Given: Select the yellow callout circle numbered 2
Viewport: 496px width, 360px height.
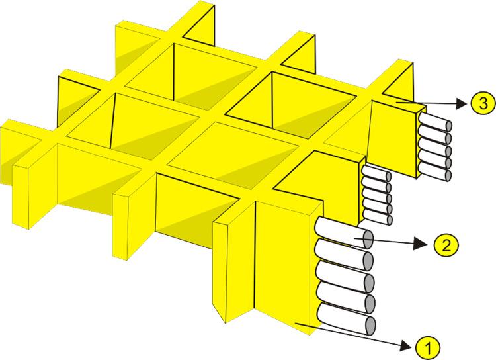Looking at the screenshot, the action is click(x=446, y=244).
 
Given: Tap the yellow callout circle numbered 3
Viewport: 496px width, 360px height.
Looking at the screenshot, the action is click(x=483, y=103).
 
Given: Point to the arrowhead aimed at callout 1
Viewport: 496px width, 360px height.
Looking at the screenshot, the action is click(x=407, y=345).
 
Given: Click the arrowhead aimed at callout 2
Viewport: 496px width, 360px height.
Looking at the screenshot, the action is click(x=421, y=244).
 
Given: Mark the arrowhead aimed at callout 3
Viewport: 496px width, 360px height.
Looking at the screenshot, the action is click(x=462, y=103).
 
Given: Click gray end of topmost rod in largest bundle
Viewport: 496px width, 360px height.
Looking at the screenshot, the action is click(x=368, y=239).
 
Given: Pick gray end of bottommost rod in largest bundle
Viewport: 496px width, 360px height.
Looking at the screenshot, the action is click(x=371, y=325).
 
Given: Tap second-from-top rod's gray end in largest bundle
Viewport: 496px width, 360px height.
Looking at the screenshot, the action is click(x=368, y=261).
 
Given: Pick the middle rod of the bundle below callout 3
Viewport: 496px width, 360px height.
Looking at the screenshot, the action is click(x=435, y=148).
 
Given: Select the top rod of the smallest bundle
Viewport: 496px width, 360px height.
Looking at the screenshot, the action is click(x=376, y=173).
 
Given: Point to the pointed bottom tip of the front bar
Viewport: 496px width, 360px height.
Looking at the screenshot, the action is click(x=226, y=323).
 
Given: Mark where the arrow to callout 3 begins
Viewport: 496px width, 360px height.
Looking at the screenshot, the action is click(x=398, y=103).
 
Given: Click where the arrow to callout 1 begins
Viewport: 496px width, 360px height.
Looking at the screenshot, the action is click(x=296, y=323).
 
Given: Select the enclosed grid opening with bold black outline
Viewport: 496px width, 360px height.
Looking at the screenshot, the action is click(x=291, y=105).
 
